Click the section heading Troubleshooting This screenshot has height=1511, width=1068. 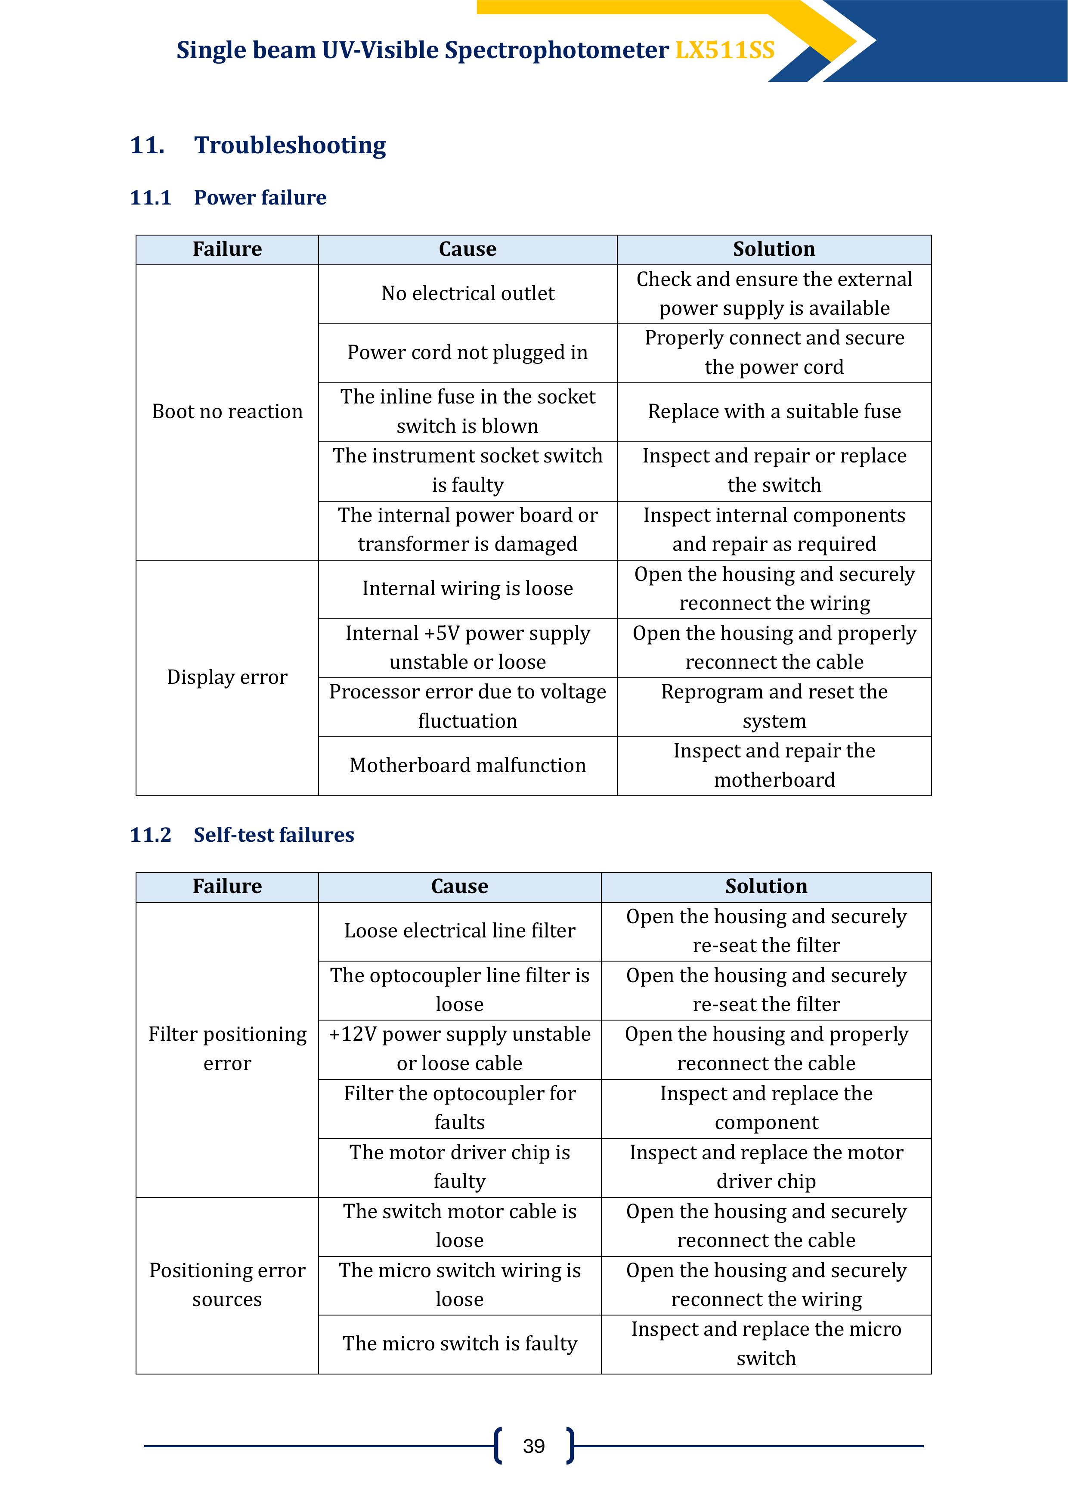(x=290, y=145)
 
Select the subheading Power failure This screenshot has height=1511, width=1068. (x=260, y=197)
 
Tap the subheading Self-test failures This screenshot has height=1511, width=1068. (x=274, y=835)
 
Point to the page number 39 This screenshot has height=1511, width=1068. (x=534, y=1446)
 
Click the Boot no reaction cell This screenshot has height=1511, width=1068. (x=227, y=411)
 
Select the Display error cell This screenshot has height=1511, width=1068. (x=227, y=677)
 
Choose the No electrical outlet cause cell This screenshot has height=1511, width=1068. (x=467, y=294)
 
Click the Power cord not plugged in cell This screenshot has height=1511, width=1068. (x=467, y=353)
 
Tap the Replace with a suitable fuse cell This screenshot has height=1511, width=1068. (x=774, y=411)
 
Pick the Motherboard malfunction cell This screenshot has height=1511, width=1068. (x=467, y=765)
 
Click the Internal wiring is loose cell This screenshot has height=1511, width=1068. (x=467, y=588)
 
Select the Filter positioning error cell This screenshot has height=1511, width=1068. (x=227, y=1049)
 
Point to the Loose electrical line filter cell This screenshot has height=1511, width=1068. (x=459, y=931)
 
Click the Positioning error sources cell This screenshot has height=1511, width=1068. (x=227, y=1284)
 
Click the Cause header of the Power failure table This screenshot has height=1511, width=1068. (x=467, y=249)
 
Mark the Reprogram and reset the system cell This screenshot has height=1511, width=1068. (x=774, y=706)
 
